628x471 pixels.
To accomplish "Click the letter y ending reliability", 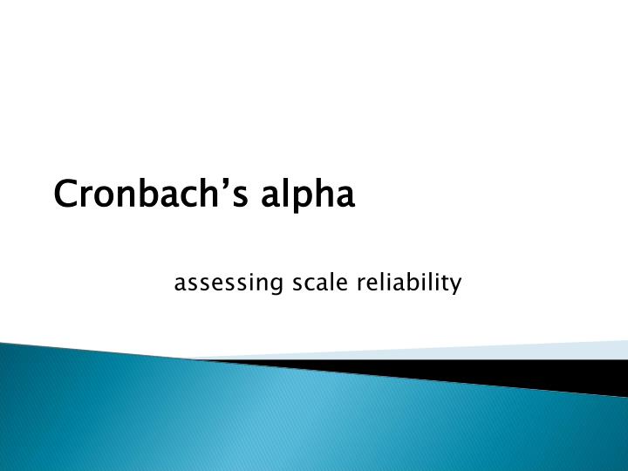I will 454,286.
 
